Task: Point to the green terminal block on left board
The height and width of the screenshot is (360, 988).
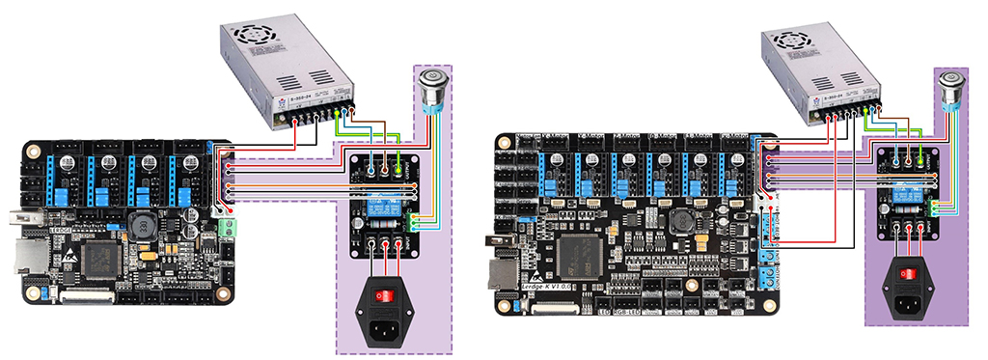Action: click(228, 229)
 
